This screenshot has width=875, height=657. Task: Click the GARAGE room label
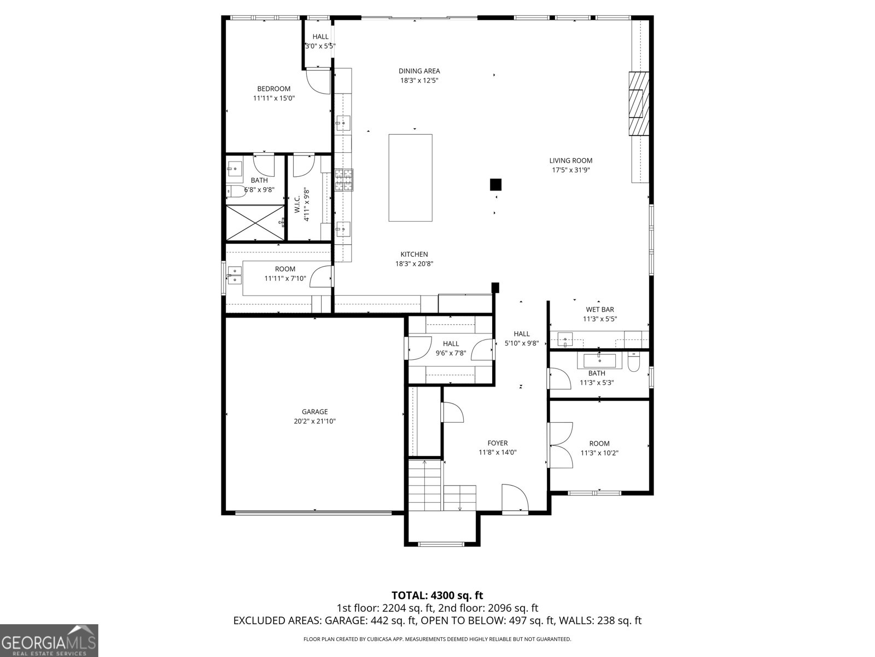(315, 412)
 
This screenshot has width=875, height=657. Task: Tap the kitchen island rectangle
(410, 178)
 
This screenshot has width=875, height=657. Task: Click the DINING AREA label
(419, 71)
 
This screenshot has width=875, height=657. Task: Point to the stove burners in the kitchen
(344, 180)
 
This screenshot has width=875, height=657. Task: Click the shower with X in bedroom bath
(255, 222)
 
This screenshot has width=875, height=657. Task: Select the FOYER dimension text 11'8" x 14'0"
(498, 452)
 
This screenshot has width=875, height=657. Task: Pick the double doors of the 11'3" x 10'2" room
(561, 445)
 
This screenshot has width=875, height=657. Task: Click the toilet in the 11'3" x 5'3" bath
(633, 362)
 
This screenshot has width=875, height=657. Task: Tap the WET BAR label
(600, 309)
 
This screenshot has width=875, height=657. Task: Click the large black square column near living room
(496, 185)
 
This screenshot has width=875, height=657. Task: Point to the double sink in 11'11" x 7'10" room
(235, 275)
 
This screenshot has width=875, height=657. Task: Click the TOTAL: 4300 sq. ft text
(437, 595)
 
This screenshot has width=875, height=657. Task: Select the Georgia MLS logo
(49, 640)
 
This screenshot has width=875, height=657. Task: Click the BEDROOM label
(274, 89)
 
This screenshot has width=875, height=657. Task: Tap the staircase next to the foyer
(425, 484)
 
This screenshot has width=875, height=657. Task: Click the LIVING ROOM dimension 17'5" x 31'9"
(571, 170)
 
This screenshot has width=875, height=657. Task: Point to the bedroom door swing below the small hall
(318, 80)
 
